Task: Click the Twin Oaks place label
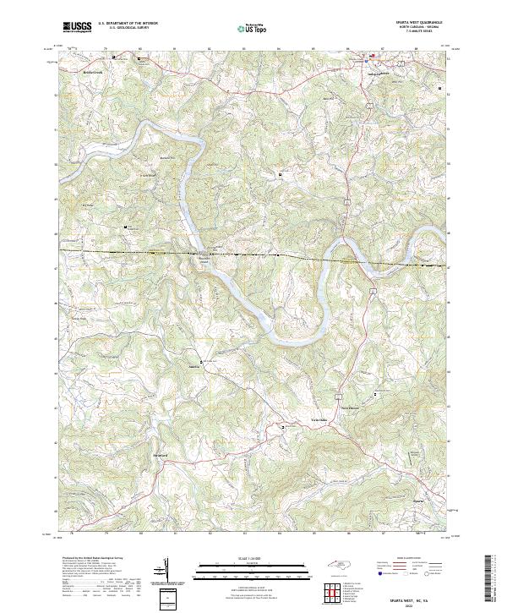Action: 315,419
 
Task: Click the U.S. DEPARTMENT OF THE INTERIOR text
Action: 128,24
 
